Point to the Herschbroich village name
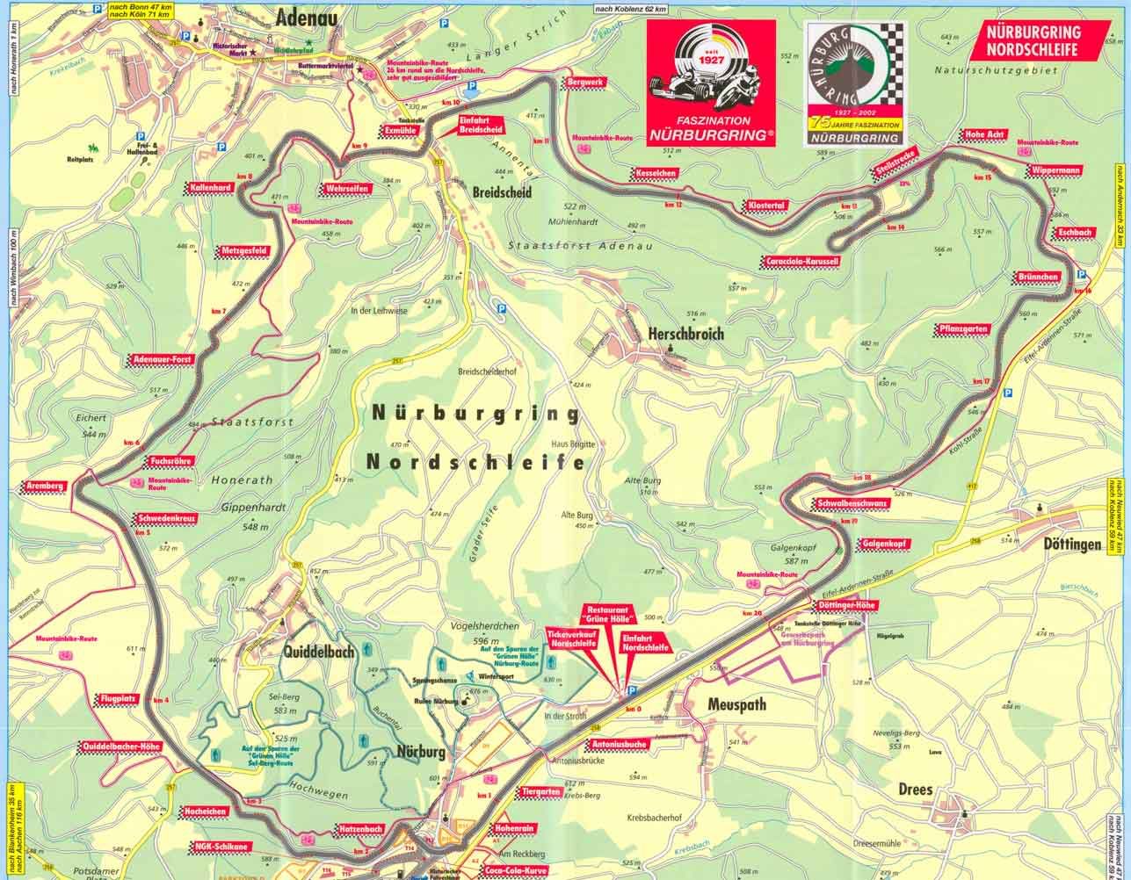[684, 334]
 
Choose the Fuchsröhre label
[171, 460]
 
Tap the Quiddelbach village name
[318, 652]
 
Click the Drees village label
[916, 789]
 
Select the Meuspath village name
[736, 704]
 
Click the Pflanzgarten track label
[962, 329]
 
